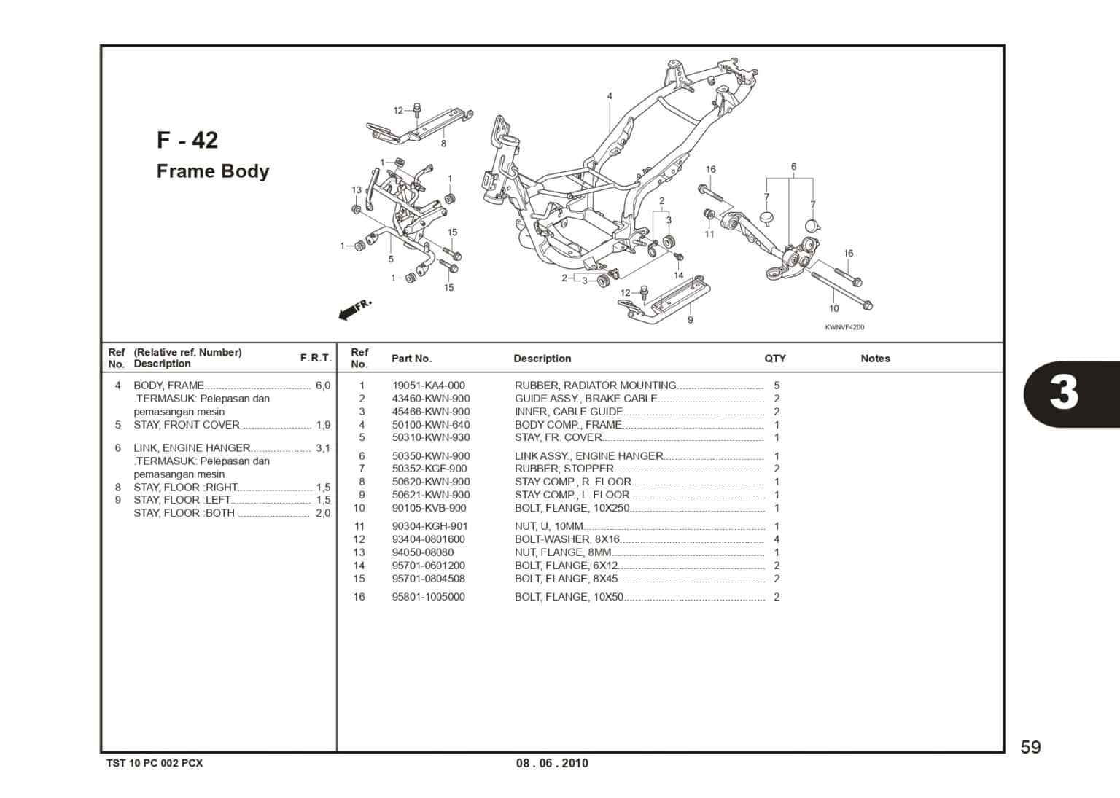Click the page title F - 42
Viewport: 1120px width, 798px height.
[x=187, y=140]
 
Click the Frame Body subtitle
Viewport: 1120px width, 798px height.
[x=213, y=171]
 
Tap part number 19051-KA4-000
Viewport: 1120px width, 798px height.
[x=428, y=386]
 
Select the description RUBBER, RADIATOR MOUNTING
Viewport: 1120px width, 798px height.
[x=595, y=386]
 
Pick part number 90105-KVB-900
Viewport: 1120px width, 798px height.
[x=429, y=508]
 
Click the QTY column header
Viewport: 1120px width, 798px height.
[x=775, y=359]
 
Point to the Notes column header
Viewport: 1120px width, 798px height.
[x=875, y=359]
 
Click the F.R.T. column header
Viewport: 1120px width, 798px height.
[x=316, y=359]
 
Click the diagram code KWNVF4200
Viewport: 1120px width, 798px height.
[x=844, y=327]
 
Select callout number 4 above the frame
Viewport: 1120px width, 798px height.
[x=610, y=96]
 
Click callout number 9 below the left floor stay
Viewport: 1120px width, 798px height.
[x=690, y=320]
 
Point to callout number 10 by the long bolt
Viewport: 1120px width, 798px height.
[x=833, y=308]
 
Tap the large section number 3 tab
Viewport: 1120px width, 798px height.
[x=1065, y=393]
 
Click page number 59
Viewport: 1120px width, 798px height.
[x=1030, y=747]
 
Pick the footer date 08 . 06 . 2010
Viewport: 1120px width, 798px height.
[x=552, y=763]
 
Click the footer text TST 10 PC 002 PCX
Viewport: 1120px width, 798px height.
[x=155, y=763]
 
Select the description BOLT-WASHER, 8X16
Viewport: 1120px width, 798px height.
[x=567, y=539]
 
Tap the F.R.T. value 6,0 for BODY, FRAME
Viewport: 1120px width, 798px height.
[x=323, y=386]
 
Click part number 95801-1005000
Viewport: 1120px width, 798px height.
[x=428, y=597]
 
